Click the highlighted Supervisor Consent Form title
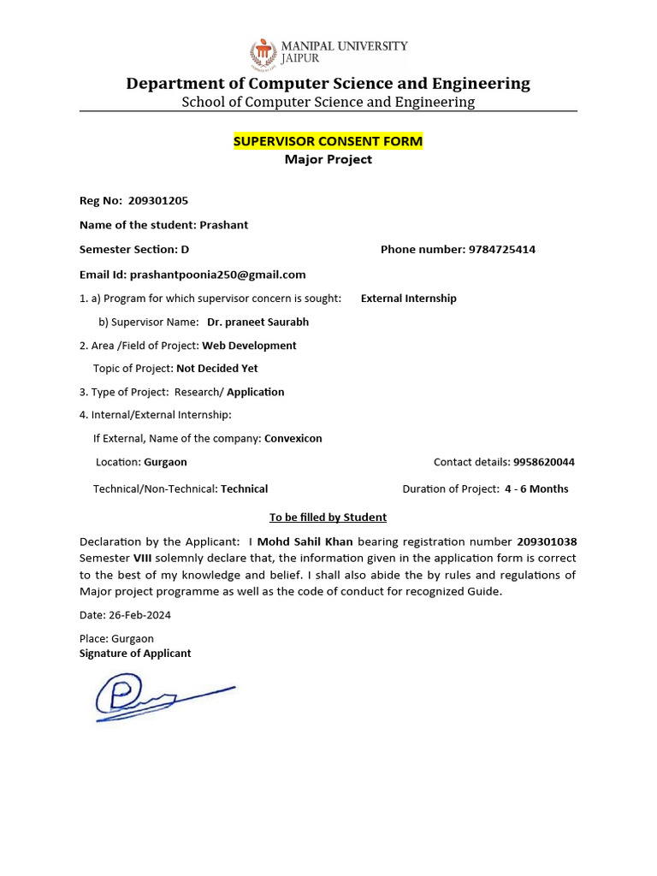point(328,141)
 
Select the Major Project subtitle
point(328,159)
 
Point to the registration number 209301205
point(158,201)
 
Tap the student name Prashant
point(223,225)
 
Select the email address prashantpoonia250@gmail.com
point(217,275)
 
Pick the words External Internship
point(409,299)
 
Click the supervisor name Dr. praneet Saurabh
point(258,323)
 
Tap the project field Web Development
point(249,346)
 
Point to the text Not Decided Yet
point(216,369)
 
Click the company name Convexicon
point(293,439)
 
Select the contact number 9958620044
point(544,462)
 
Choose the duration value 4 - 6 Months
point(536,489)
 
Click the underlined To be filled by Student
point(328,518)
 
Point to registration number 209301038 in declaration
point(547,542)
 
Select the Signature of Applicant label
point(135,654)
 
